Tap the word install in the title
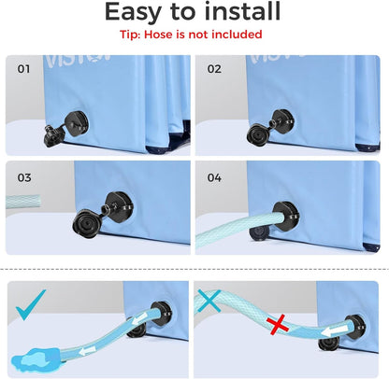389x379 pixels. (243, 11)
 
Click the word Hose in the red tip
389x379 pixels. (159, 35)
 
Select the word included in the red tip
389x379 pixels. (237, 35)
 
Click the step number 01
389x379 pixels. (23, 69)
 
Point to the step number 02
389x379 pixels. (214, 69)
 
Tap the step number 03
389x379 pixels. (24, 177)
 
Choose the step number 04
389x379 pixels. (214, 177)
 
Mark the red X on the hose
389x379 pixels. (278, 324)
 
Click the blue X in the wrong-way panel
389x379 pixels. (209, 301)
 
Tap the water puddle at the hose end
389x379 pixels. (35, 359)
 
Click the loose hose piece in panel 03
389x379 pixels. (23, 202)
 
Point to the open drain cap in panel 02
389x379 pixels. (259, 134)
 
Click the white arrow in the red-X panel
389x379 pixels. (332, 332)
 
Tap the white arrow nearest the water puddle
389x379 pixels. (87, 351)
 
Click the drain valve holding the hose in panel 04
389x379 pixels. (285, 216)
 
